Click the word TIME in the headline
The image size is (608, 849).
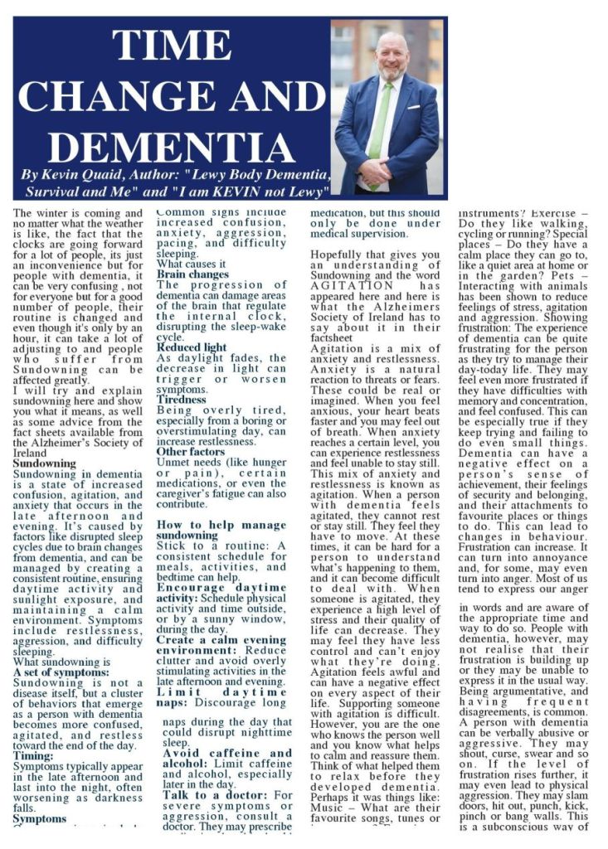172,48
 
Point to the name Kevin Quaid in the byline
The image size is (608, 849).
79,176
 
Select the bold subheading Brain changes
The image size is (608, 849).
193,274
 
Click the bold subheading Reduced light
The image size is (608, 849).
194,347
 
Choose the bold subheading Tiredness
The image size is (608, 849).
182,399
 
